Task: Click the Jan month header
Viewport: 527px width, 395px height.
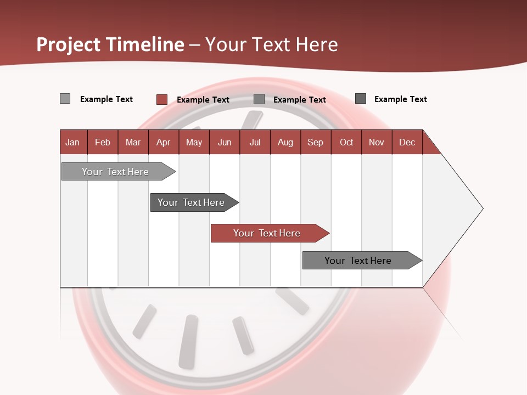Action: pos(72,142)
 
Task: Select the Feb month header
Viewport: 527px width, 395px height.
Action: pos(103,142)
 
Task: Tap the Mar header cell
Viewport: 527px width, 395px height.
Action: pos(133,142)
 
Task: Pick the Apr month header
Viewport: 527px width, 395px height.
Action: pos(164,142)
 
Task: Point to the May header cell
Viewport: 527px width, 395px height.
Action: pos(194,142)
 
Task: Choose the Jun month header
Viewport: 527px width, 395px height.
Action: pos(225,142)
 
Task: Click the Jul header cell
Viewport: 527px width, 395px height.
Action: pos(255,142)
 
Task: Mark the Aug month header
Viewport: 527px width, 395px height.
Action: pos(285,142)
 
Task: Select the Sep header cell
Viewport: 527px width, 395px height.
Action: pos(316,142)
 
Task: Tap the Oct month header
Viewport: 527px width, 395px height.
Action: pos(346,142)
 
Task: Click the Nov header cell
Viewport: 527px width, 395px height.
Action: pos(377,142)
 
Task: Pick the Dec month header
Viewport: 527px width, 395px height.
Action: pos(407,142)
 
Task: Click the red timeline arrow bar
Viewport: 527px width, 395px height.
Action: pos(269,233)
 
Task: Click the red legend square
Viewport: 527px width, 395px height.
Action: pos(161,99)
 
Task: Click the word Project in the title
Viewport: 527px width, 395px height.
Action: pos(69,44)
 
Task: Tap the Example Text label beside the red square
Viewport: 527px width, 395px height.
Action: pos(203,100)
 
